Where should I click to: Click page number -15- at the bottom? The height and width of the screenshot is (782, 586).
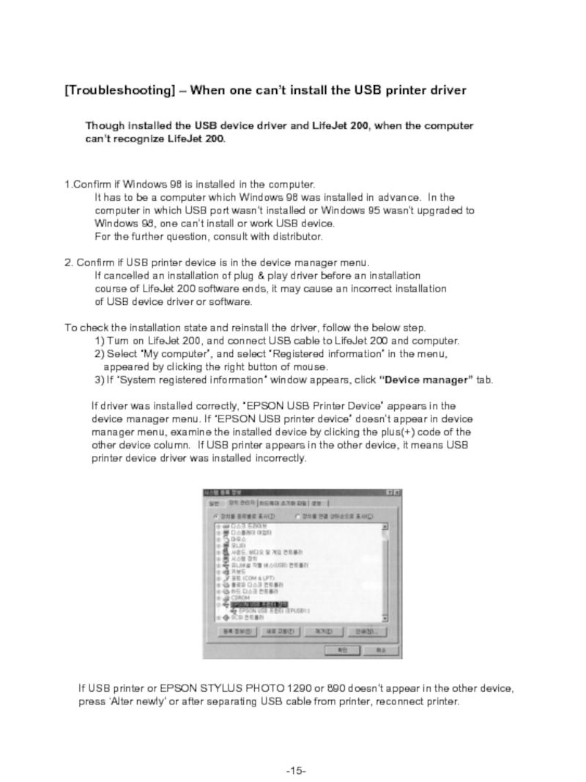[296, 750]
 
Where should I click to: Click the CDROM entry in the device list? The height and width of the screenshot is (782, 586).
[240, 597]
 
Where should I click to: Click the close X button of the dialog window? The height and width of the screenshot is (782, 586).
[396, 493]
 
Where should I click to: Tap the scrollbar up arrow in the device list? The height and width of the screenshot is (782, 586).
[385, 525]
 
